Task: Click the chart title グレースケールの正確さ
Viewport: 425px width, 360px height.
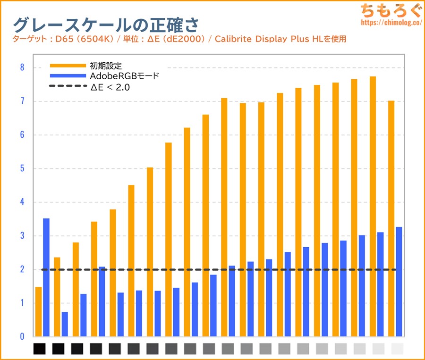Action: pos(106,24)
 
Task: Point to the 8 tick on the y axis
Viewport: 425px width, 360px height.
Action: pos(22,67)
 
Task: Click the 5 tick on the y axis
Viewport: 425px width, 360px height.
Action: pos(22,168)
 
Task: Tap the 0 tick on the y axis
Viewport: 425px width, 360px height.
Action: pos(22,336)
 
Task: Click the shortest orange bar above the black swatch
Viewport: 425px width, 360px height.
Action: pos(39,312)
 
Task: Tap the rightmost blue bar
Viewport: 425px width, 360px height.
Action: pos(399,282)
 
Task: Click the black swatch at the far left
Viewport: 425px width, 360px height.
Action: pos(40,349)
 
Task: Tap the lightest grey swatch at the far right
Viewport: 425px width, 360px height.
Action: pos(398,349)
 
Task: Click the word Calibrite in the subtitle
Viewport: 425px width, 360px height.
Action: pos(232,39)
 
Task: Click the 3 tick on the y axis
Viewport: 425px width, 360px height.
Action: pos(22,236)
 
